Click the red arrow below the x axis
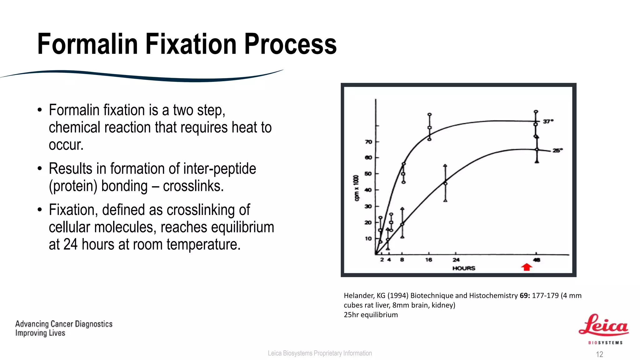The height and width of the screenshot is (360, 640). [x=527, y=267]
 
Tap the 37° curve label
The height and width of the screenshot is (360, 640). [x=548, y=121]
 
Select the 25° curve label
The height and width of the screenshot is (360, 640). [x=557, y=150]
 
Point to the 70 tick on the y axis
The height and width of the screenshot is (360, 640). [x=369, y=142]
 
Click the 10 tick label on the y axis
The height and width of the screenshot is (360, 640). [x=368, y=239]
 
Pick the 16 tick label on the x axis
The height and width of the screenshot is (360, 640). [x=428, y=260]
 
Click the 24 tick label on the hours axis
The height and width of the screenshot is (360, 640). [x=456, y=260]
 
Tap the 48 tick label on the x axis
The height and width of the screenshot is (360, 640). [x=537, y=260]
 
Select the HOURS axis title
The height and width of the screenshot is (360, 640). [x=464, y=268]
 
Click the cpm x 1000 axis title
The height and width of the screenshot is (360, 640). [x=356, y=188]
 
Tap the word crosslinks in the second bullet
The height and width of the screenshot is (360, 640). [x=193, y=186]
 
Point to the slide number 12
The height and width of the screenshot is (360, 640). [x=599, y=354]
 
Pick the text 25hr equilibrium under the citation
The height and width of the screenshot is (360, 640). [x=371, y=315]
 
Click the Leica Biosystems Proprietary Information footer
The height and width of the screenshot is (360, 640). [x=320, y=353]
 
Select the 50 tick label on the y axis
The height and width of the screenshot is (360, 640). [x=368, y=174]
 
